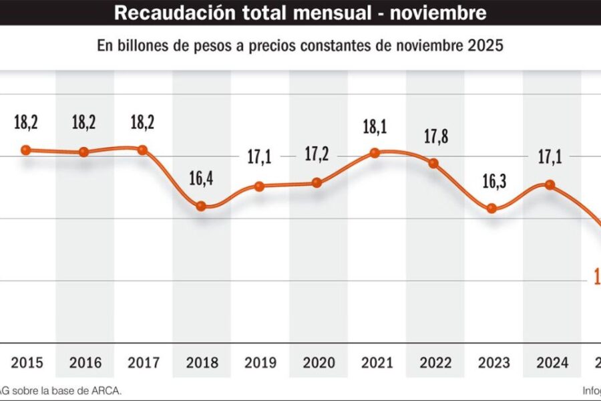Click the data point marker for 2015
(x=26, y=150)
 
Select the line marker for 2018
(x=200, y=206)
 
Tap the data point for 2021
(x=375, y=153)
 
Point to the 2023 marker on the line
(x=491, y=208)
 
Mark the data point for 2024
(x=550, y=184)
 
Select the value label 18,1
(x=375, y=127)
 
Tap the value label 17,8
(x=433, y=136)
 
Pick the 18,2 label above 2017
(x=142, y=124)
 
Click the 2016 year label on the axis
(x=85, y=363)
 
